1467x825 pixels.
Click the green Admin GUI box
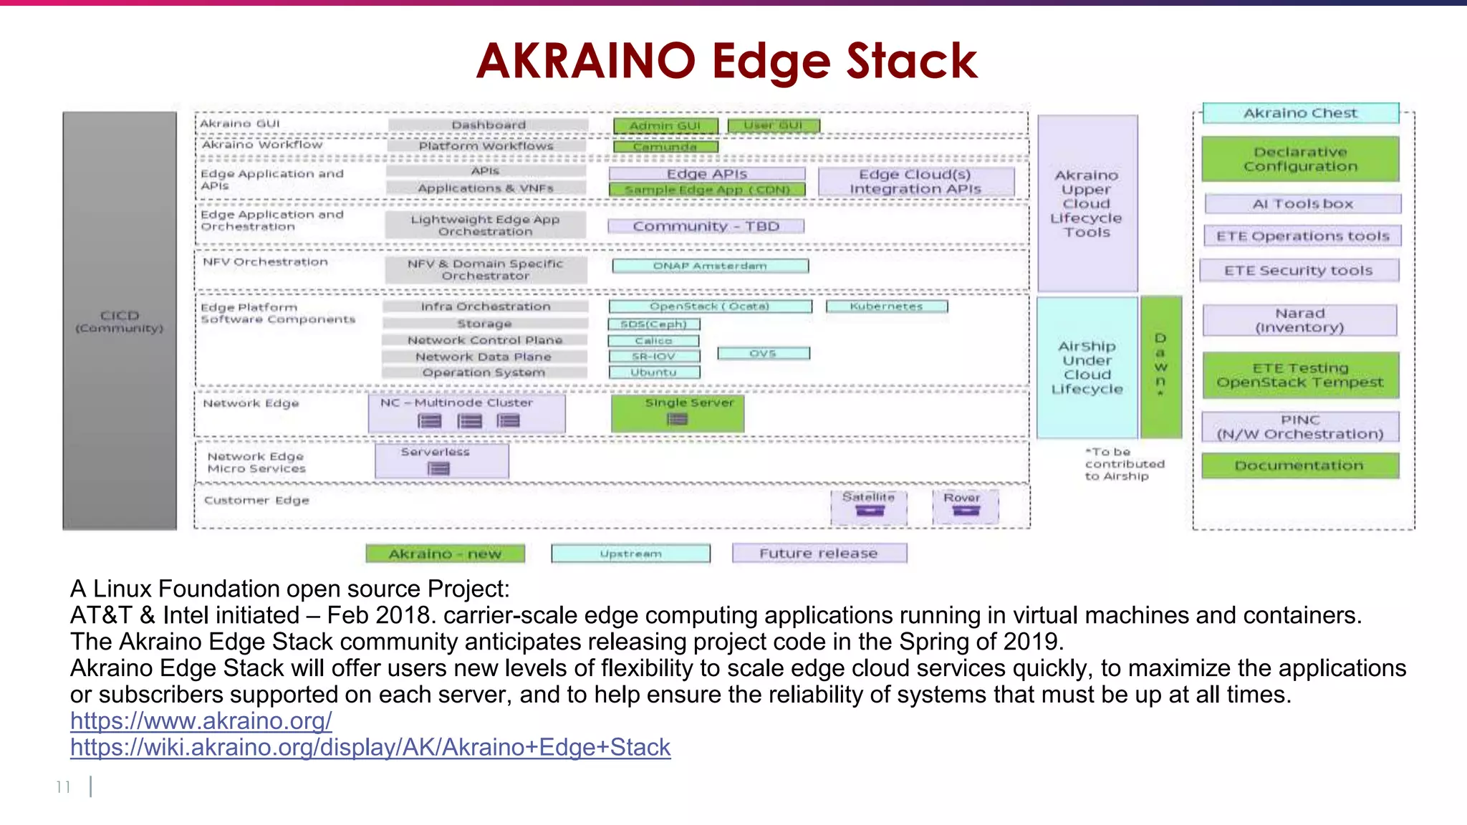click(x=665, y=126)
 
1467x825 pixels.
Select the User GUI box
click(x=773, y=126)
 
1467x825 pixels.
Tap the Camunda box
click(x=665, y=147)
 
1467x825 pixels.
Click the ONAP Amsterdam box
click(x=710, y=266)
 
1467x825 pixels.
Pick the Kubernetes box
click(x=886, y=307)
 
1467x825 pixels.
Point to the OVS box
click(x=763, y=353)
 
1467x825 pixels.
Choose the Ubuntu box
click(x=653, y=372)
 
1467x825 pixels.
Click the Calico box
click(x=653, y=341)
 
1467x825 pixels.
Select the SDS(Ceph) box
click(x=653, y=324)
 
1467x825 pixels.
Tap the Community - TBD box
click(x=706, y=226)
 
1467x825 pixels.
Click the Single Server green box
click(x=678, y=413)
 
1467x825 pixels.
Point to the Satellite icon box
click(x=869, y=506)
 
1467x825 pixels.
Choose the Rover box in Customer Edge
click(x=965, y=506)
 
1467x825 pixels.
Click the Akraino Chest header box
click(x=1300, y=113)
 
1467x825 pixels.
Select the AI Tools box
click(x=1302, y=204)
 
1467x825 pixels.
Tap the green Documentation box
click(x=1299, y=465)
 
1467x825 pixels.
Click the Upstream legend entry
click(x=630, y=554)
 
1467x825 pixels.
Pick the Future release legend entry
click(x=819, y=554)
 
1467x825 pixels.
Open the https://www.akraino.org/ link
click(x=201, y=721)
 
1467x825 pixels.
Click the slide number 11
click(x=63, y=787)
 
